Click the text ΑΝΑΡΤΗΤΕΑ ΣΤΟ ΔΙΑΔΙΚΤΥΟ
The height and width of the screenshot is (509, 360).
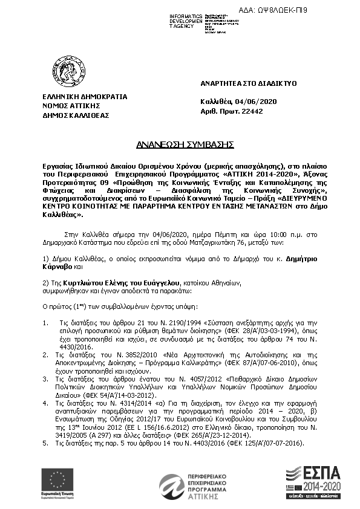tap(248, 83)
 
